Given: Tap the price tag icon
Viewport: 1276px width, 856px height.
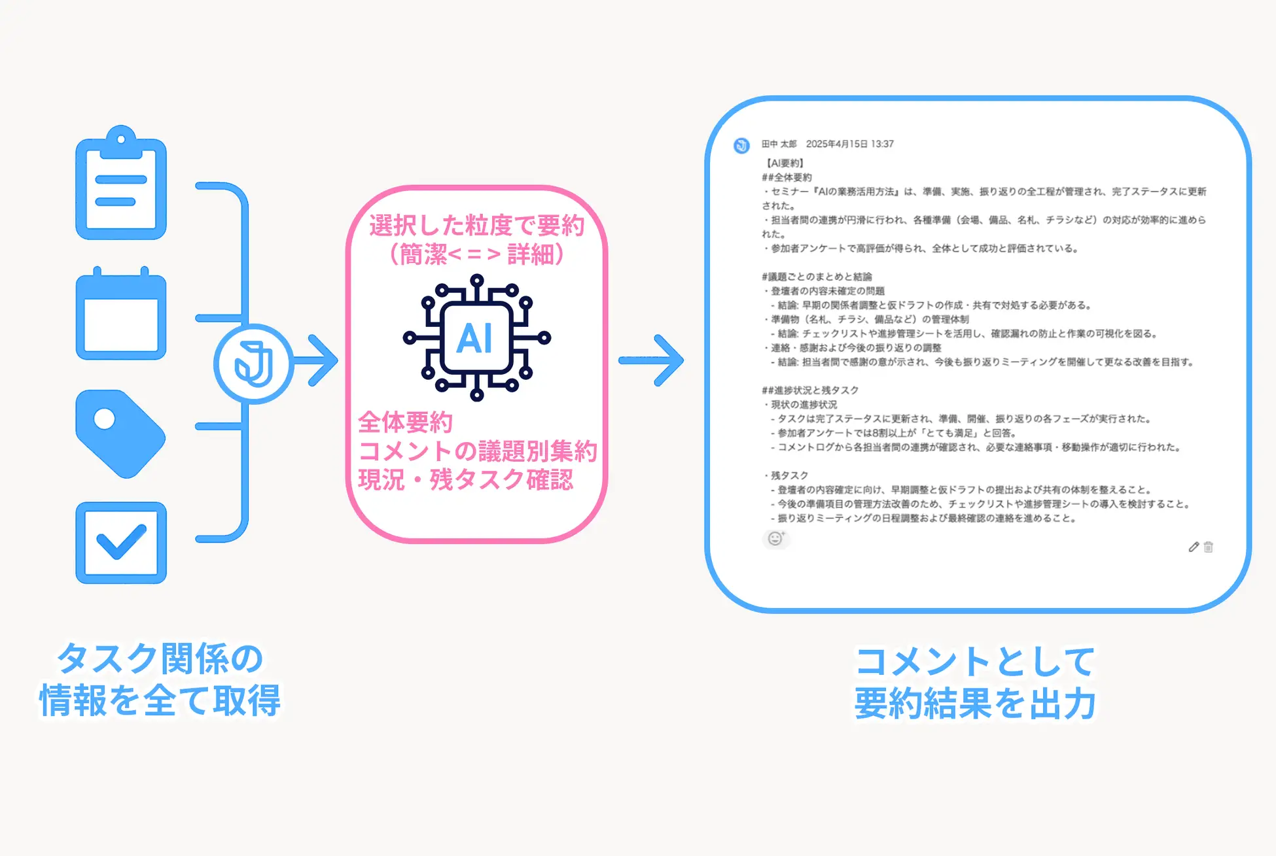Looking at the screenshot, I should (x=120, y=433).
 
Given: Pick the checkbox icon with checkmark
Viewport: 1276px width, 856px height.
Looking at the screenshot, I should (x=121, y=543).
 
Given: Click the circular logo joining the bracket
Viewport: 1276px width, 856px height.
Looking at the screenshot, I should (x=253, y=364).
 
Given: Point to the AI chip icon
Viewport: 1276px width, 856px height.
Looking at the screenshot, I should (x=476, y=337).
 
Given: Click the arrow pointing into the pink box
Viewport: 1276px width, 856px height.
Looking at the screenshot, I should (x=317, y=360).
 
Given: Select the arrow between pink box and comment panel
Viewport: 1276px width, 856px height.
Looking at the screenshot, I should (x=651, y=360).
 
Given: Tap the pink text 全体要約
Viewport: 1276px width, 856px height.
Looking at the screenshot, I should (x=406, y=422).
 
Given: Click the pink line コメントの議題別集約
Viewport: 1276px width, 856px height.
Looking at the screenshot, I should (x=478, y=451).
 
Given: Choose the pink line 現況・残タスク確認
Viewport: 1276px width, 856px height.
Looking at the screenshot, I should (x=466, y=480).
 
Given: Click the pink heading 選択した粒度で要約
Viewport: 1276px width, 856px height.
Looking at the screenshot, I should (x=476, y=226).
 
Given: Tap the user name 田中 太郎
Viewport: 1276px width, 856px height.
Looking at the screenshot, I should (x=779, y=144).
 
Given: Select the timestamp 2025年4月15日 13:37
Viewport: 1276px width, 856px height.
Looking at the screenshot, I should (x=849, y=144).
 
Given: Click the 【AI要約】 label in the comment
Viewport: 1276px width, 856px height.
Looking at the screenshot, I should (x=785, y=163).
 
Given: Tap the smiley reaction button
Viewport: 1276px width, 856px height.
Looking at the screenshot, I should (x=775, y=538).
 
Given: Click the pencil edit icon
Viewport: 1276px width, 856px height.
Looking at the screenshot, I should (x=1194, y=547).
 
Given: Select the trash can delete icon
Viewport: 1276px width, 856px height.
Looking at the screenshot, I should (x=1208, y=547).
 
